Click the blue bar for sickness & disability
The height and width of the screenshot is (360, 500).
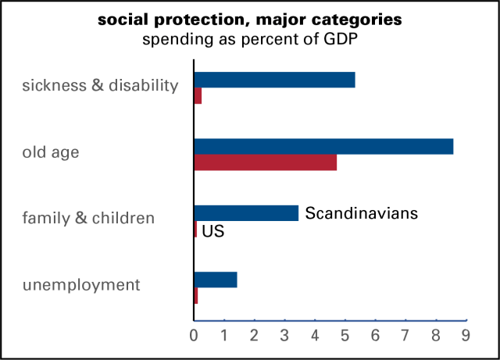[x=274, y=80]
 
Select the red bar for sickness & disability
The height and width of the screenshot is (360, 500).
[x=198, y=96]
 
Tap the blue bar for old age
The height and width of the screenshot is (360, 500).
[x=323, y=146]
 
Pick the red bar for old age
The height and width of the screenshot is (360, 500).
[x=266, y=162]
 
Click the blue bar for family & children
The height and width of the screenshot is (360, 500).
[x=246, y=212]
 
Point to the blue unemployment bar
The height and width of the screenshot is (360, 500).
[x=215, y=280]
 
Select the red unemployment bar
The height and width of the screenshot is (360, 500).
[x=196, y=296]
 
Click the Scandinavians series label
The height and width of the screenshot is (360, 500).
[x=362, y=213]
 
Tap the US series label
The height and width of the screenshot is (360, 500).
[x=213, y=231]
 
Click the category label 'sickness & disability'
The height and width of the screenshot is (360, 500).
[x=100, y=85]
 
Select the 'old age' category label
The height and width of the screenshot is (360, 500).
[x=51, y=152]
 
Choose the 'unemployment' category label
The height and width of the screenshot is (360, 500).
[x=81, y=285]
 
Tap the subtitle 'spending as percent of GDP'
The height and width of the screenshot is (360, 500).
[x=250, y=39]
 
